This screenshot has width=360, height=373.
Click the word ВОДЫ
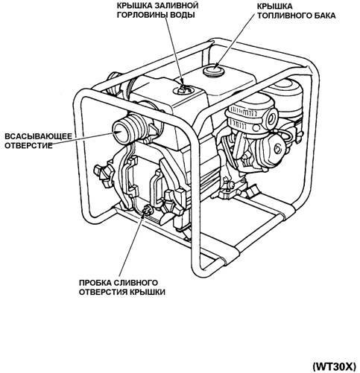tap(183, 15)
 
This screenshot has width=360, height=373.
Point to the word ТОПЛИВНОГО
tap(282, 16)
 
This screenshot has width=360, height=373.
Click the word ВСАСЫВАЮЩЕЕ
tap(39, 136)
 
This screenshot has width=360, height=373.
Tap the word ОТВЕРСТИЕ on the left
tap(29, 146)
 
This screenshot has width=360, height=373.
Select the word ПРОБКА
tap(95, 283)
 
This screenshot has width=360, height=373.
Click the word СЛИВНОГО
tap(136, 283)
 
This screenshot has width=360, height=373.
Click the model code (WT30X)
tap(335, 366)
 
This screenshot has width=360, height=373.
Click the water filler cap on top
tap(183, 89)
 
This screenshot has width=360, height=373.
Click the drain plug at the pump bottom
tap(147, 211)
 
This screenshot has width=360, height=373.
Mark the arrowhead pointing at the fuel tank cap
tap(215, 66)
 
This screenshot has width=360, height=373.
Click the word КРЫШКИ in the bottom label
tap(148, 292)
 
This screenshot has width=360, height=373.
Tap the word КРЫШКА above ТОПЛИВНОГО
tap(275, 6)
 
